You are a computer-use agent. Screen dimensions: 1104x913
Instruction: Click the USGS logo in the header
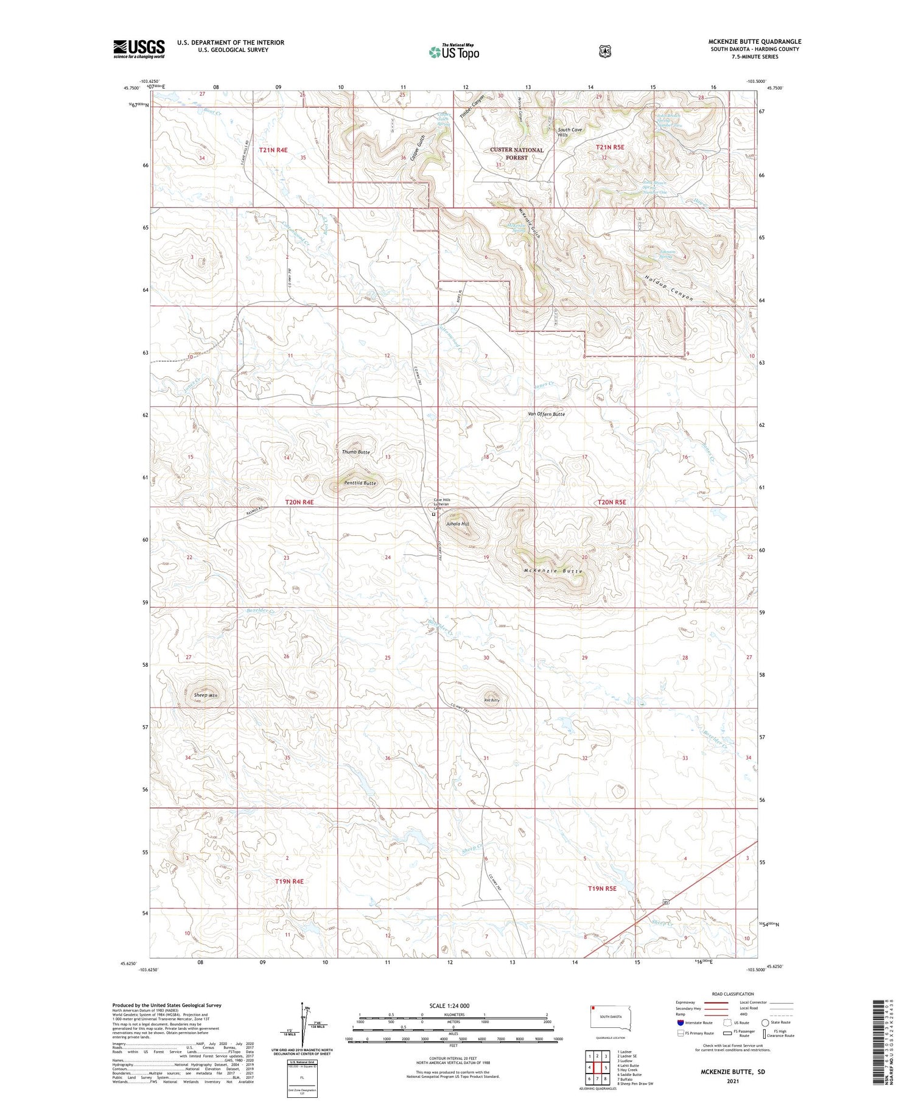click(139, 49)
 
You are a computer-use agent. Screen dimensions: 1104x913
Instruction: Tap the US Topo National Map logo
click(453, 52)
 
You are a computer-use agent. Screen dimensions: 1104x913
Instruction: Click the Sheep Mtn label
click(205, 695)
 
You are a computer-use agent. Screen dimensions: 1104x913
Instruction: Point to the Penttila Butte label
click(360, 483)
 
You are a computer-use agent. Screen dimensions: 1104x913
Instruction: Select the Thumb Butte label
click(355, 452)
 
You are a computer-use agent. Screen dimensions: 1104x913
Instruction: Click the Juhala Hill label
click(458, 524)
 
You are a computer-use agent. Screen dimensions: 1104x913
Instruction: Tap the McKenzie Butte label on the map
click(553, 571)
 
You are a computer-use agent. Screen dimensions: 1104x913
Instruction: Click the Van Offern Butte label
click(546, 414)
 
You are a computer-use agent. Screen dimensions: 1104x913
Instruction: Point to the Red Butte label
click(492, 700)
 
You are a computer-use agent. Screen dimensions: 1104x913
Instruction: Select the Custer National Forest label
click(517, 153)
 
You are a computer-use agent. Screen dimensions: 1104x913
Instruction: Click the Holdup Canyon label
click(669, 288)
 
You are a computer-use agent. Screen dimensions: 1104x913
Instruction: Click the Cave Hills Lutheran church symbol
click(433, 514)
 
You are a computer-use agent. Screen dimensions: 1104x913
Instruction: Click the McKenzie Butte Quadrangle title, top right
click(754, 41)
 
